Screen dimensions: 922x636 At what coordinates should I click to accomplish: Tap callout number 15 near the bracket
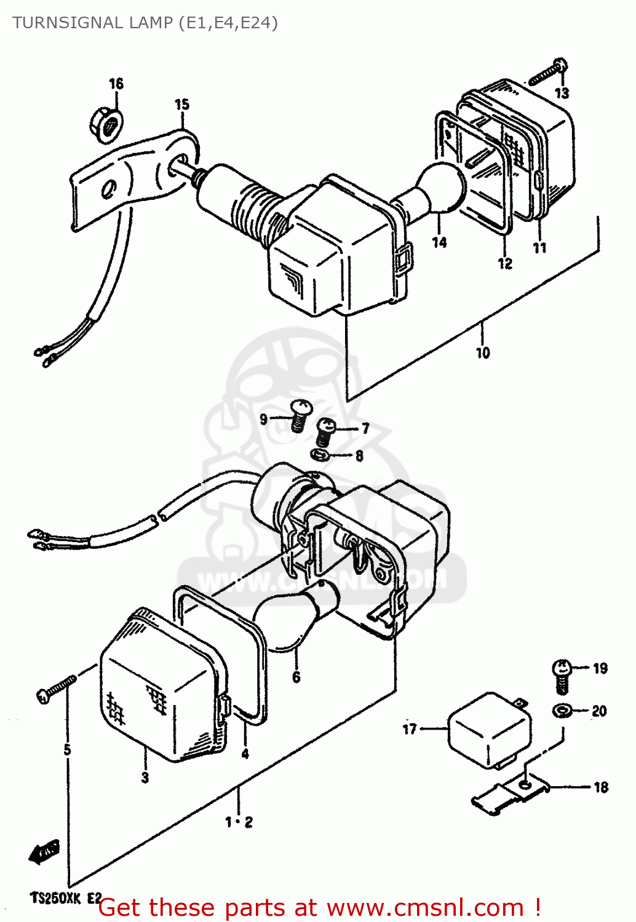click(182, 104)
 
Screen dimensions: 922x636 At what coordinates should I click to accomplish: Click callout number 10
click(483, 353)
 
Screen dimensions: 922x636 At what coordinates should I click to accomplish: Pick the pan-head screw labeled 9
click(300, 415)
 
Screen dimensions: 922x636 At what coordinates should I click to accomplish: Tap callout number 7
click(365, 428)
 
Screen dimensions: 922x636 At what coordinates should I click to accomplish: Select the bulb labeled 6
click(289, 621)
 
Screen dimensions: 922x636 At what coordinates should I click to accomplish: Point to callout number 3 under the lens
click(145, 778)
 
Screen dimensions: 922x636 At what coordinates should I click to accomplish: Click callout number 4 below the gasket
click(245, 754)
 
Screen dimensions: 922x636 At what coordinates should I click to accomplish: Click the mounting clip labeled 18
click(511, 796)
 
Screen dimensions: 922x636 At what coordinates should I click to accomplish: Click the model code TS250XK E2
click(65, 898)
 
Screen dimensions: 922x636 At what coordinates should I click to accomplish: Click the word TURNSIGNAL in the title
click(68, 23)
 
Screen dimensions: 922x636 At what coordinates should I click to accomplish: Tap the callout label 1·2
click(239, 822)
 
